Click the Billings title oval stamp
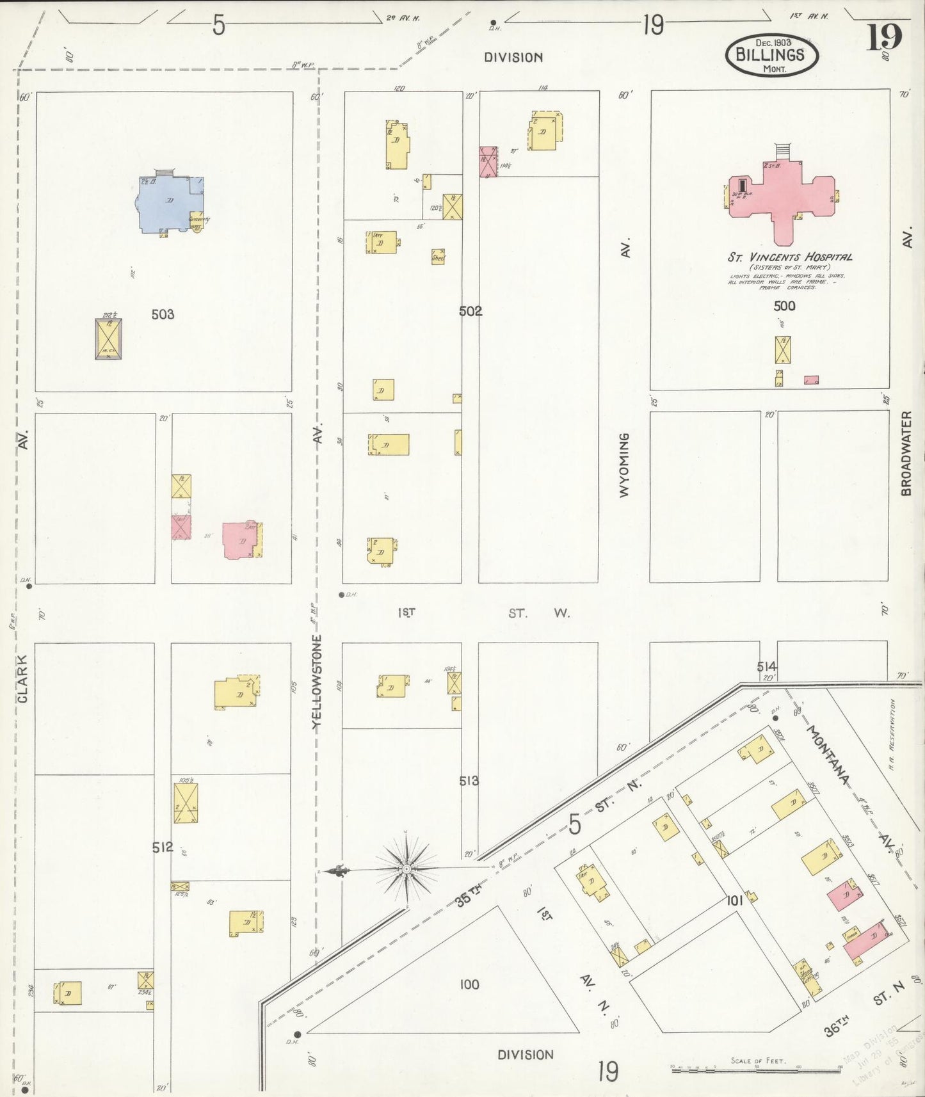click(771, 55)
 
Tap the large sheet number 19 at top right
click(884, 37)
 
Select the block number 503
click(163, 314)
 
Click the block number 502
click(471, 311)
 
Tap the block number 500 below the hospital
click(784, 306)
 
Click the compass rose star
click(406, 869)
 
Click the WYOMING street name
click(624, 465)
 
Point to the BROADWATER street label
click(906, 453)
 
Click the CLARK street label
click(23, 678)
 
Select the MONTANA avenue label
click(829, 755)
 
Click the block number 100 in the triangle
click(469, 984)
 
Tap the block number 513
click(469, 781)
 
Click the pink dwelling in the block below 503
click(240, 540)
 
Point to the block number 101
click(734, 901)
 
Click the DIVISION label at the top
click(513, 58)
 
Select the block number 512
click(163, 847)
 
